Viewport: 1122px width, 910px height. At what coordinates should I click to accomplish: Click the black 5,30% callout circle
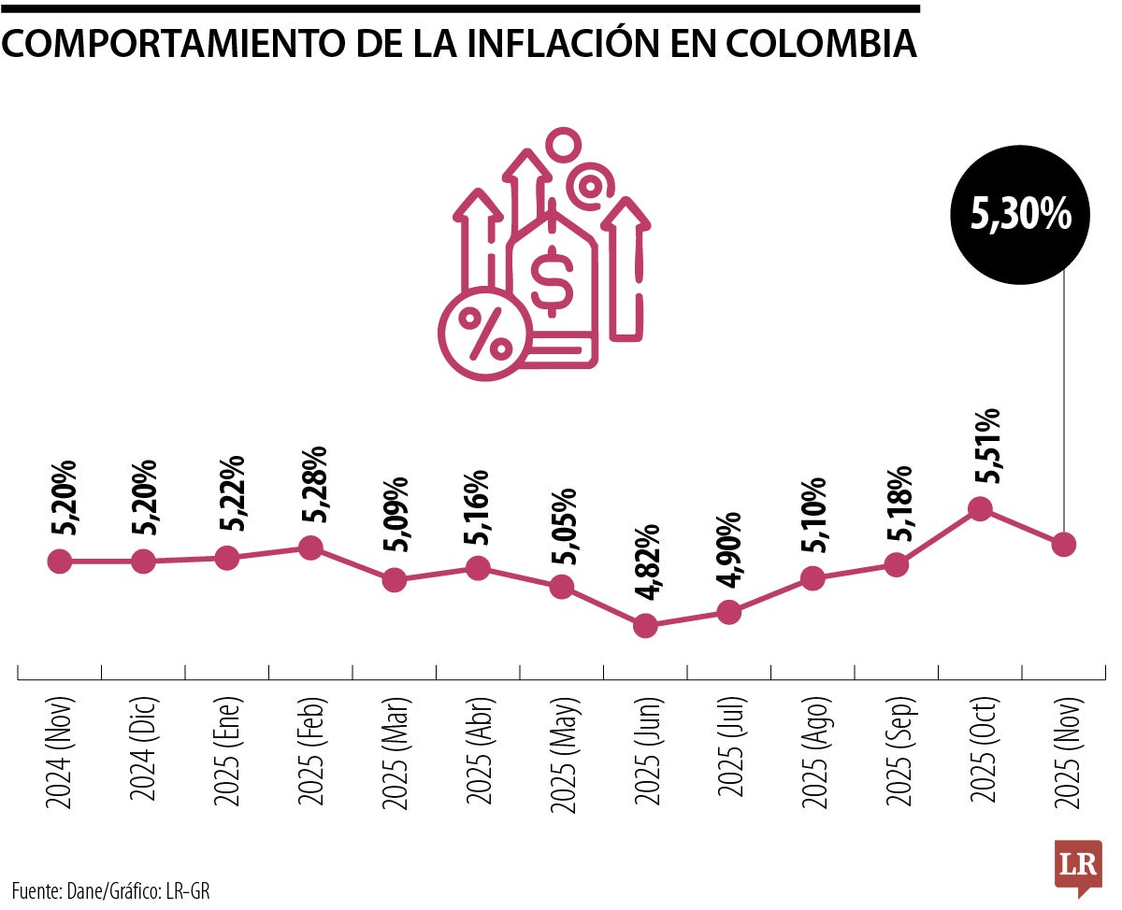(x=1021, y=215)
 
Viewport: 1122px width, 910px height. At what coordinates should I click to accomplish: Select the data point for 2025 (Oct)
(x=980, y=508)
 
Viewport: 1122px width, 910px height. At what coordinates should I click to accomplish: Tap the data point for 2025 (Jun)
(x=645, y=625)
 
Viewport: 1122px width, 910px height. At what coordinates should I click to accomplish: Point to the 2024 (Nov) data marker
(x=59, y=562)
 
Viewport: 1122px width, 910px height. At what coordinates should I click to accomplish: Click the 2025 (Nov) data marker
(x=1063, y=544)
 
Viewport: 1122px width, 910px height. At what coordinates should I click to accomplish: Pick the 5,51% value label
(x=986, y=446)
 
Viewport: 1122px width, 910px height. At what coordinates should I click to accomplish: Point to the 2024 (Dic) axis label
(x=144, y=751)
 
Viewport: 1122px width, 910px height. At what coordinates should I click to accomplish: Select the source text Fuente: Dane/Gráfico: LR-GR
(x=111, y=890)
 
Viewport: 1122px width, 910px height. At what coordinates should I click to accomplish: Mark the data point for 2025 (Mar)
(x=395, y=579)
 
